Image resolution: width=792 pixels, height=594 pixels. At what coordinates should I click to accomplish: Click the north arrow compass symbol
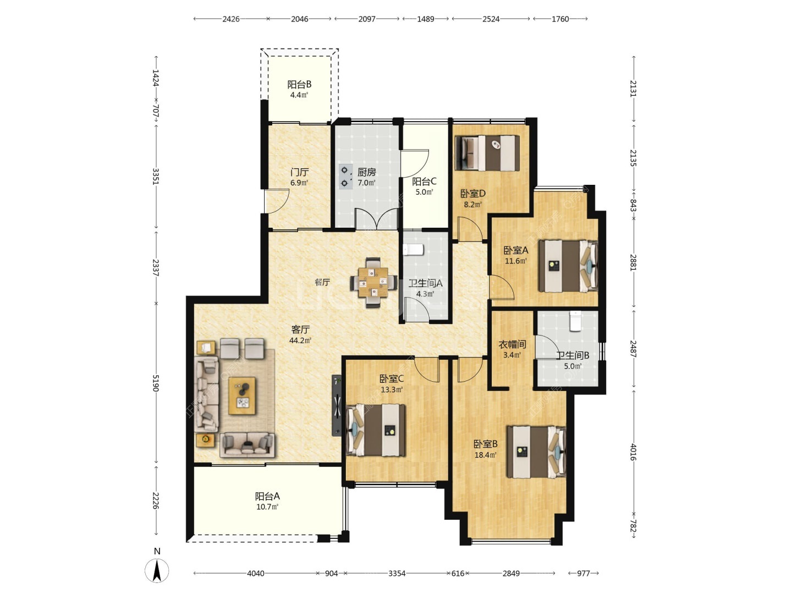[157, 570]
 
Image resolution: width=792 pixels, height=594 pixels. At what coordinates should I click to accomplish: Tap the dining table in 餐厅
[373, 282]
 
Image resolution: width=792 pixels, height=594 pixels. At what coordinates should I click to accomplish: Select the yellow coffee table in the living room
[242, 395]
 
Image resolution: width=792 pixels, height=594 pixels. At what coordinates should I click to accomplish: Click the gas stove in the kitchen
[345, 177]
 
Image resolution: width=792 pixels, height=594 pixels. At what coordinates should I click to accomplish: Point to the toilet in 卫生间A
[413, 249]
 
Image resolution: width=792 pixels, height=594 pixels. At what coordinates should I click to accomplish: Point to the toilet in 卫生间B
[575, 321]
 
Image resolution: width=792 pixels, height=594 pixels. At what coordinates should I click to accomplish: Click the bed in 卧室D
[487, 153]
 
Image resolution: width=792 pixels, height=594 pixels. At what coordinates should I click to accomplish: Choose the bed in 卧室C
[376, 430]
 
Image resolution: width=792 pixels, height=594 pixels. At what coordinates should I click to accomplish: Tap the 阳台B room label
[299, 84]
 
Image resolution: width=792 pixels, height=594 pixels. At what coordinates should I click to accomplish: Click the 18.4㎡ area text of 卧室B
[485, 455]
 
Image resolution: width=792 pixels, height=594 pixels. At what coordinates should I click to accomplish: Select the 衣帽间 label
[512, 344]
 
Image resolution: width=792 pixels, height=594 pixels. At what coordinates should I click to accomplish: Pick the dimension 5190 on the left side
[156, 383]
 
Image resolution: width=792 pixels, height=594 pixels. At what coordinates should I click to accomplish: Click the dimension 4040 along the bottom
[255, 573]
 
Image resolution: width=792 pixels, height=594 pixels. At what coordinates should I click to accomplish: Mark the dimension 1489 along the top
[425, 19]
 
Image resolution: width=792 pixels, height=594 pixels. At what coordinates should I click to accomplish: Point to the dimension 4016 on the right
[633, 452]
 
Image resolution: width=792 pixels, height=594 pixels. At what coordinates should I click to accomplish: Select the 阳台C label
[424, 181]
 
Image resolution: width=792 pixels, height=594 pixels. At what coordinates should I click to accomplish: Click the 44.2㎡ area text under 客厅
[300, 340]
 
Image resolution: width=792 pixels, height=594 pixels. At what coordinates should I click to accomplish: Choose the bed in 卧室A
[568, 266]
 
